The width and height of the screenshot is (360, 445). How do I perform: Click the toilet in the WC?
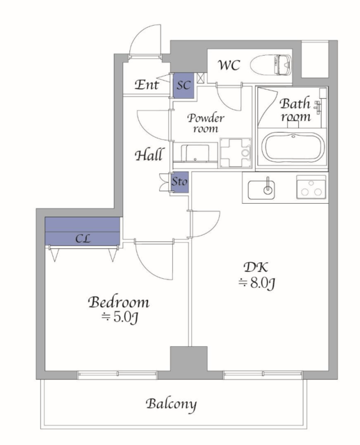pyautogui.click(x=271, y=65)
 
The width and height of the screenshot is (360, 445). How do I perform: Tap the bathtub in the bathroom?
pyautogui.click(x=293, y=147)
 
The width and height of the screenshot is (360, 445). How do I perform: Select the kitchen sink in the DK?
pyautogui.click(x=261, y=189)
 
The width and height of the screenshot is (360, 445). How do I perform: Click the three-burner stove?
pyautogui.click(x=311, y=187)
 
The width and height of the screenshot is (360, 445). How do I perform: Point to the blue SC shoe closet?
pyautogui.click(x=183, y=86)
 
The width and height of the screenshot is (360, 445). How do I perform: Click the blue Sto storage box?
pyautogui.click(x=179, y=182)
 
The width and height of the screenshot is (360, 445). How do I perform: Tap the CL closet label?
pyautogui.click(x=83, y=238)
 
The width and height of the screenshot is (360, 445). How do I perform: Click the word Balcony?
pyautogui.click(x=171, y=405)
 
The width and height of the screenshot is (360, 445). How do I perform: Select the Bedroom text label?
pyautogui.click(x=119, y=302)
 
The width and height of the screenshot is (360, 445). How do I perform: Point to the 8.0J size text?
pyautogui.click(x=256, y=283)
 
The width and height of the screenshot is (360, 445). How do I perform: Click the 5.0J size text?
pyautogui.click(x=120, y=318)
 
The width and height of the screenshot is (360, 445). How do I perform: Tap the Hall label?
pyautogui.click(x=149, y=155)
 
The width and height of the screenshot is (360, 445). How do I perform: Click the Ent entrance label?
pyautogui.click(x=147, y=85)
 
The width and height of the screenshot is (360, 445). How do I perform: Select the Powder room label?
pyautogui.click(x=206, y=123)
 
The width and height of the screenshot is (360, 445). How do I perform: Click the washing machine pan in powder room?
pyautogui.click(x=236, y=153)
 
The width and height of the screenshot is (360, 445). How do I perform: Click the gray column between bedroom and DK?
pyautogui.click(x=188, y=359)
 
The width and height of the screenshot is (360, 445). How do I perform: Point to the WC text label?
pyautogui.click(x=229, y=65)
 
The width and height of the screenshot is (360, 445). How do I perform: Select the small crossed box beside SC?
pyautogui.click(x=201, y=78)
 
